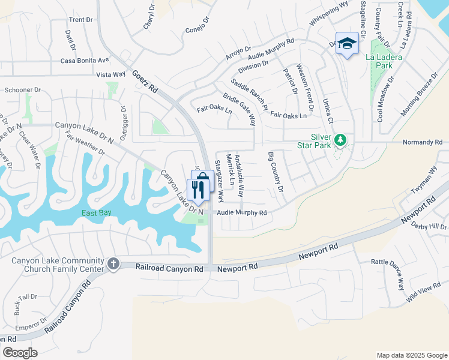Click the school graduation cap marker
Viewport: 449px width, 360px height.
pyautogui.click(x=347, y=43)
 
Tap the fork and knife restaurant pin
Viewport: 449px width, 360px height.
pyautogui.click(x=198, y=189)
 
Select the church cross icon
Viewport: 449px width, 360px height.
pyautogui.click(x=113, y=264)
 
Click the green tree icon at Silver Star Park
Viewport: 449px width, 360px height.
pyautogui.click(x=340, y=140)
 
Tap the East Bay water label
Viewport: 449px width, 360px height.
pyautogui.click(x=98, y=214)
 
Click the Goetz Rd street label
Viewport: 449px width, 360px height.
pyautogui.click(x=146, y=80)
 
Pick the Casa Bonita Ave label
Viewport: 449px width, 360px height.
pyautogui.click(x=85, y=61)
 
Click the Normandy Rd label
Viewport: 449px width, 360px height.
pyautogui.click(x=423, y=142)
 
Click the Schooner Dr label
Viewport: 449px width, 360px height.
pyautogui.click(x=22, y=90)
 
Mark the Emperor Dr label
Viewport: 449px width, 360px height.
pyautogui.click(x=28, y=328)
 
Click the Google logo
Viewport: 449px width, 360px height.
pyautogui.click(x=20, y=353)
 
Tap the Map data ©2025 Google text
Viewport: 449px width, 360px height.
pyautogui.click(x=411, y=355)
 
